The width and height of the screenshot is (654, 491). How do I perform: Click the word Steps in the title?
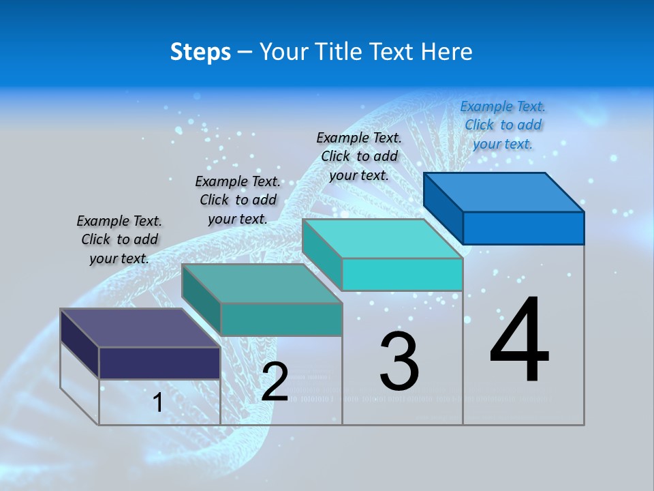(x=200, y=52)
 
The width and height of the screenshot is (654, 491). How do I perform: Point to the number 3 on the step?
(x=399, y=361)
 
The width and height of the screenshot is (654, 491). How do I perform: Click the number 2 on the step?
(x=275, y=382)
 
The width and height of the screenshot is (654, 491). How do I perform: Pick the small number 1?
(x=157, y=403)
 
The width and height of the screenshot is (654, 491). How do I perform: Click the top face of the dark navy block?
(x=140, y=327)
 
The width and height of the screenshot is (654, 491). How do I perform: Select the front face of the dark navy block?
(x=159, y=363)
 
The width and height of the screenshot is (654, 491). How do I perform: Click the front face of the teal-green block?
(x=281, y=319)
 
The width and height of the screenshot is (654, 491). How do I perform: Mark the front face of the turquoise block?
(x=402, y=274)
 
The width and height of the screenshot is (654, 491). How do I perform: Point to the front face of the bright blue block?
(x=523, y=228)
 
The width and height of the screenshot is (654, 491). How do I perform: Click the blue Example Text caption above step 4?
(x=503, y=125)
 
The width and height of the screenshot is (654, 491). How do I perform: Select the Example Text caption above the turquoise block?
(x=359, y=156)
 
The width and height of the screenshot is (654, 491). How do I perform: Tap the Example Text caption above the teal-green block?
(x=238, y=200)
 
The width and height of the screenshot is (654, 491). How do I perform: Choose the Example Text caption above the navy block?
(x=119, y=239)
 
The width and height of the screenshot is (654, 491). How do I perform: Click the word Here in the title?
(x=446, y=52)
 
